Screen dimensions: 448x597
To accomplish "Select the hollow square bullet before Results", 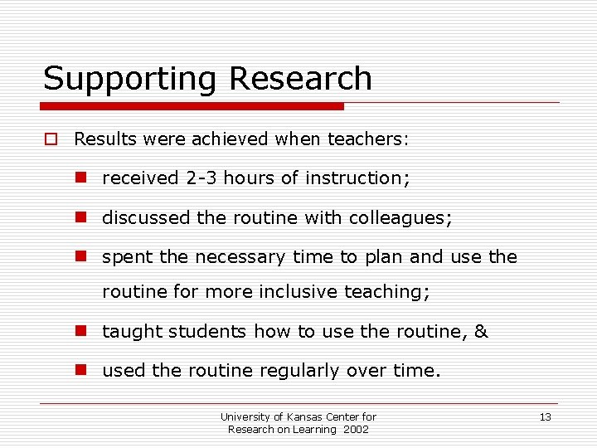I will pos(51,139).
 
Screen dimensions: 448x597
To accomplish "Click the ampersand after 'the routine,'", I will pos(481,332).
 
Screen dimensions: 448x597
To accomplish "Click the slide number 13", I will pos(545,417).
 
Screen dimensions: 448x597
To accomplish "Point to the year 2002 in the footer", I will pos(355,429).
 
